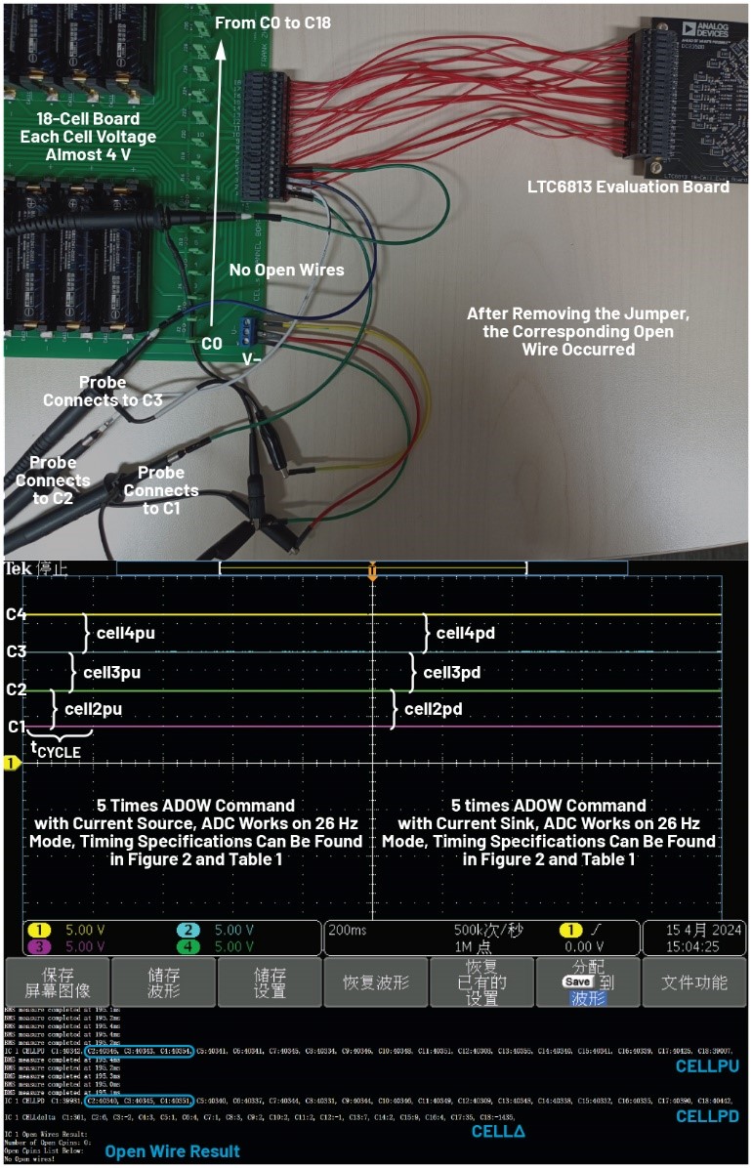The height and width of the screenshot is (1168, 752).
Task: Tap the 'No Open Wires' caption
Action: tap(286, 270)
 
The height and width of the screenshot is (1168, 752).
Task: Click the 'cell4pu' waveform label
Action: tap(125, 633)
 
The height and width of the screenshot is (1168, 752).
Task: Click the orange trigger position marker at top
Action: tap(372, 572)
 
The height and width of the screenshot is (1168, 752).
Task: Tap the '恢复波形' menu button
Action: tap(376, 981)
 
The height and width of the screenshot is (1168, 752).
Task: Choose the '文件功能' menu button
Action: tap(693, 981)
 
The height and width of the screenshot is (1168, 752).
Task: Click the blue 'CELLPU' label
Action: tap(706, 1066)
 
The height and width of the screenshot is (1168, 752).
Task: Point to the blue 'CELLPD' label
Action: tap(706, 1115)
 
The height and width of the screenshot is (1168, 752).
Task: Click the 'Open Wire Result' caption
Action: tap(172, 1151)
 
